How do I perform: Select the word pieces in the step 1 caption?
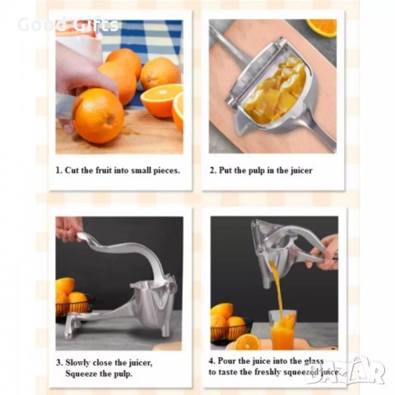(162, 170)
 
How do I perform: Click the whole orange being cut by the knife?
(97, 115)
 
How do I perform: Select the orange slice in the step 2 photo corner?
(322, 27)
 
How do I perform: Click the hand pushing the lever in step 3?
(68, 227)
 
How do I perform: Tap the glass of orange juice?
(282, 330)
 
